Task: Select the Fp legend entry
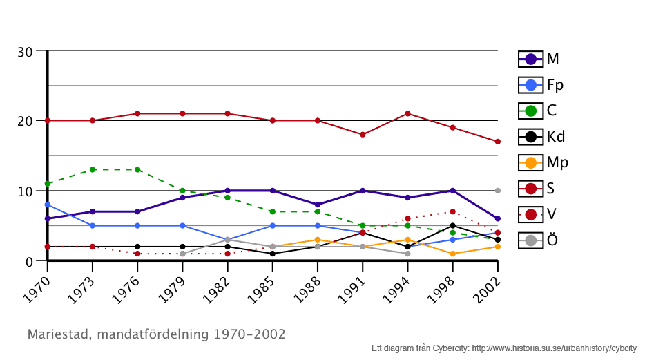[x=541, y=85]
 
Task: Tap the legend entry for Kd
[x=541, y=137]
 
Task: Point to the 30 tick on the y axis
[x=25, y=52]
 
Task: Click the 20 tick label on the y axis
[x=25, y=121]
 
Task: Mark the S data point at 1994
[x=407, y=113]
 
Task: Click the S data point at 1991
[x=363, y=135]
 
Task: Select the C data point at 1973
[x=93, y=169]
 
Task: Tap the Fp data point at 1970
[x=47, y=205]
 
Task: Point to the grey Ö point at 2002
[x=497, y=191]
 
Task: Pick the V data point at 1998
[x=452, y=211]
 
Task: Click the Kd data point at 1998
[x=452, y=226]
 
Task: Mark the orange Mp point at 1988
[x=318, y=240]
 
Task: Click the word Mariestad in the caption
[x=59, y=334]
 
